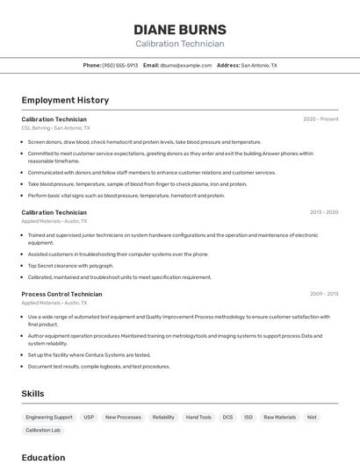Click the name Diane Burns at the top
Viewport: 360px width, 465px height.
coord(179,29)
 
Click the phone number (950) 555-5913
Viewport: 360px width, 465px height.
coord(119,65)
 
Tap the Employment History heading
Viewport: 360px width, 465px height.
coord(65,100)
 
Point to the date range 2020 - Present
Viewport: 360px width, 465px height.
coord(320,118)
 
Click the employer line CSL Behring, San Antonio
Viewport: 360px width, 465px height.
coord(55,128)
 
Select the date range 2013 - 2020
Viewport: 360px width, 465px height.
coord(324,212)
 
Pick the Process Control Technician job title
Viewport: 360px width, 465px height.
coord(61,294)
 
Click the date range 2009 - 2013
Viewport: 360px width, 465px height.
coord(324,294)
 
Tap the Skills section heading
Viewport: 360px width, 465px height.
coord(32,394)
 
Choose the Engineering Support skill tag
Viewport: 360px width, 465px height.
coord(49,418)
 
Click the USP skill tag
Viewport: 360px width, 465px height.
coord(89,418)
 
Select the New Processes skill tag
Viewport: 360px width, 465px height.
coord(123,418)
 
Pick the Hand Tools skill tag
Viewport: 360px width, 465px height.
coord(198,418)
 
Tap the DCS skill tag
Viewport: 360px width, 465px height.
coord(227,418)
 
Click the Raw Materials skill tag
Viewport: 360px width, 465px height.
coord(280,418)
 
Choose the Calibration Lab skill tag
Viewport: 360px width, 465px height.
coord(43,430)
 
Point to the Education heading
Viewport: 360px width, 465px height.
coord(43,457)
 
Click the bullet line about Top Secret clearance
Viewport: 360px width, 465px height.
coord(70,266)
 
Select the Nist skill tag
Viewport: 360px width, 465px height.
coord(312,418)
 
